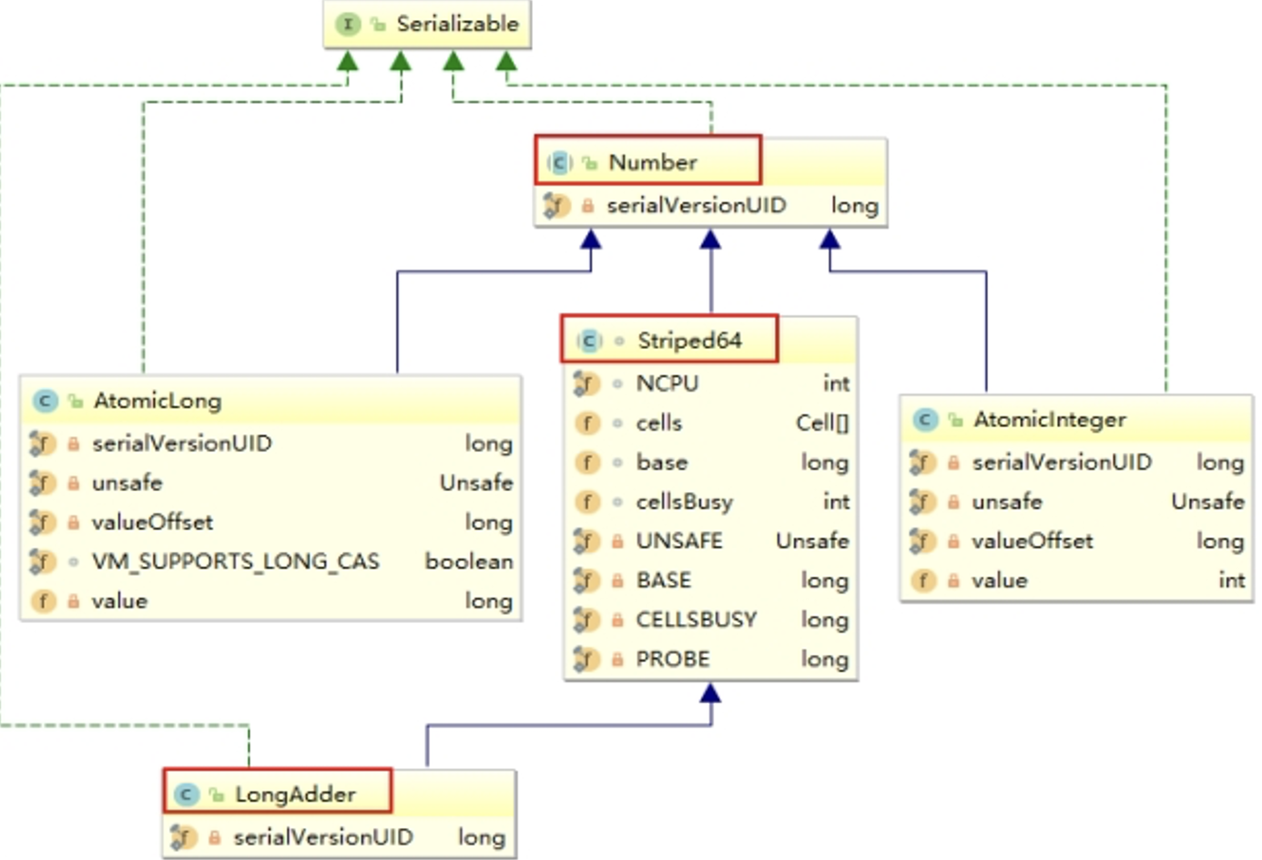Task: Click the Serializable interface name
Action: pyautogui.click(x=457, y=25)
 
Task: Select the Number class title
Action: pyautogui.click(x=653, y=163)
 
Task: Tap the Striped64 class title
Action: pyautogui.click(x=689, y=341)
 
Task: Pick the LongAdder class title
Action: pyautogui.click(x=295, y=794)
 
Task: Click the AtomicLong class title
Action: pyautogui.click(x=158, y=401)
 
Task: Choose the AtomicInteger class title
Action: pyautogui.click(x=1050, y=420)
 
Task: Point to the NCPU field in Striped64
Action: pyautogui.click(x=667, y=384)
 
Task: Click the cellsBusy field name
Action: pyautogui.click(x=685, y=502)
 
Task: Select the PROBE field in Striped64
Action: pyautogui.click(x=673, y=659)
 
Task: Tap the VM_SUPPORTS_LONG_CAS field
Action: pyautogui.click(x=236, y=562)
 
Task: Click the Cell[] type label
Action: pyautogui.click(x=822, y=424)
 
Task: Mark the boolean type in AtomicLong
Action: pyautogui.click(x=469, y=562)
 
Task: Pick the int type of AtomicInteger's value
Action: pyautogui.click(x=1232, y=580)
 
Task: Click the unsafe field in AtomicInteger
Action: pyautogui.click(x=1007, y=502)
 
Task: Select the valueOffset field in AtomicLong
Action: pyautogui.click(x=153, y=522)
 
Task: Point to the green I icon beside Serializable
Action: pyautogui.click(x=348, y=25)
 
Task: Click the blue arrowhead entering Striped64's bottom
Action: pyautogui.click(x=710, y=692)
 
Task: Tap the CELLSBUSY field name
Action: pyautogui.click(x=697, y=619)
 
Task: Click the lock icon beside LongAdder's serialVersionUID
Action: pyautogui.click(x=214, y=837)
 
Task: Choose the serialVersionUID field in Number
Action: pyautogui.click(x=697, y=206)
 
